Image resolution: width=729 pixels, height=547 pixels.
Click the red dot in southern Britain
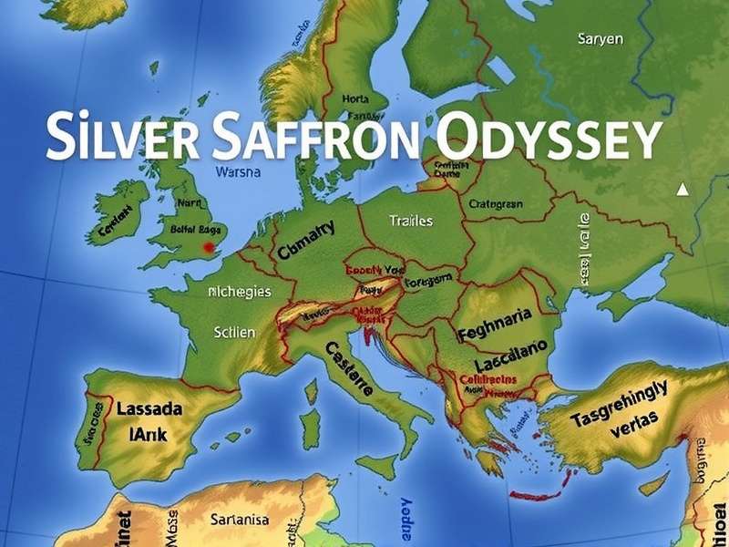209,246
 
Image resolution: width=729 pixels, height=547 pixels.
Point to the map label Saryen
601,39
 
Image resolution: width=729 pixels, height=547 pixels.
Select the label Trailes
411,221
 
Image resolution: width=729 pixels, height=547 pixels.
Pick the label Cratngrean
496,204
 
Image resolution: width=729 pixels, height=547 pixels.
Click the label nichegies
239,293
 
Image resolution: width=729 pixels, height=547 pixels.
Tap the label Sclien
234,332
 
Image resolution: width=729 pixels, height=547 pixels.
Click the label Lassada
149,409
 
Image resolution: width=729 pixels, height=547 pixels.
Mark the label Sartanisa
239,520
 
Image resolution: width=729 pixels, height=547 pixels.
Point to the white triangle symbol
682,190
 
